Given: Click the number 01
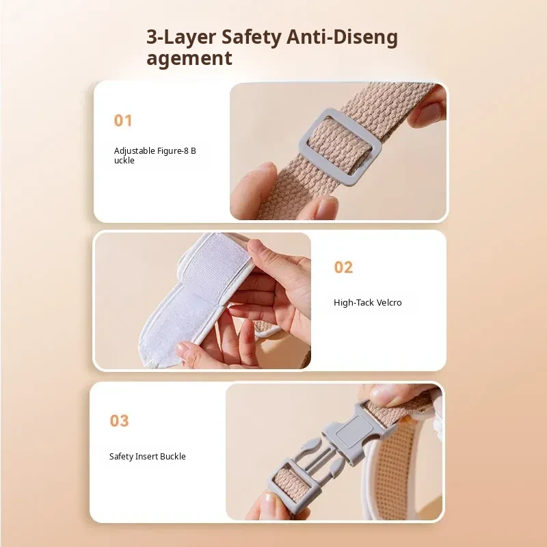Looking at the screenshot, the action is [x=123, y=121].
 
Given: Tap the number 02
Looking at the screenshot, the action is [x=343, y=267].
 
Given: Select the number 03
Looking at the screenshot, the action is [x=119, y=421].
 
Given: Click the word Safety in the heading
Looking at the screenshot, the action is [x=251, y=38].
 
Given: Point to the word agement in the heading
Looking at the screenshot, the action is [x=189, y=58].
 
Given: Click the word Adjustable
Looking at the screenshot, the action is [x=135, y=151].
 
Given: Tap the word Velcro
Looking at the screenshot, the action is [x=387, y=302].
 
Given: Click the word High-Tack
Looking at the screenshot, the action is [x=352, y=302].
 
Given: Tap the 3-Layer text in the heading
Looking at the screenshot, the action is [x=181, y=38].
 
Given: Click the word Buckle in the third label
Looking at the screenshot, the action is [x=173, y=456].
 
